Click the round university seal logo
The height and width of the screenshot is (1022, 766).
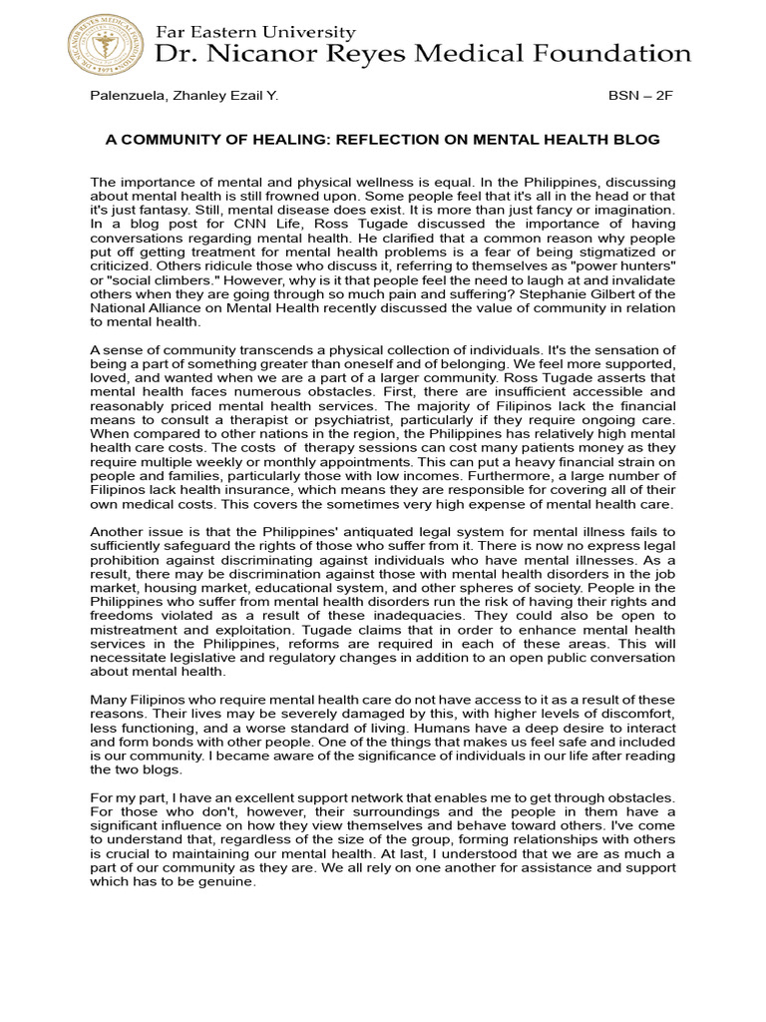(106, 43)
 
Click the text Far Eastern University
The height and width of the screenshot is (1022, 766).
(255, 33)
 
